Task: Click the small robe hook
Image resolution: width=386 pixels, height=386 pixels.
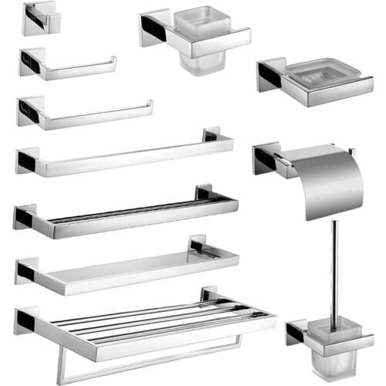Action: click(41, 19)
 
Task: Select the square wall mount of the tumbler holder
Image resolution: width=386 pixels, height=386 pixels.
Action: click(154, 28)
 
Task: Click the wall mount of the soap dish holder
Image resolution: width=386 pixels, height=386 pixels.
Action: click(271, 75)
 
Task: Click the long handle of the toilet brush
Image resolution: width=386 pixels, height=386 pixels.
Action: click(334, 262)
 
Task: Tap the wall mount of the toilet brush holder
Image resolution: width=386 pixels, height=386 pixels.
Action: click(296, 333)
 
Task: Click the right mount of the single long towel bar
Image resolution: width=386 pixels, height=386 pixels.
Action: click(212, 135)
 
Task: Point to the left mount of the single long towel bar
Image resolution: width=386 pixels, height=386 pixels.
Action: click(26, 161)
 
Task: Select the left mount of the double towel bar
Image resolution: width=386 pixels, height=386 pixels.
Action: click(25, 218)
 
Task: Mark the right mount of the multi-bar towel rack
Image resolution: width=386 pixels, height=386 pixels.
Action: click(209, 295)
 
